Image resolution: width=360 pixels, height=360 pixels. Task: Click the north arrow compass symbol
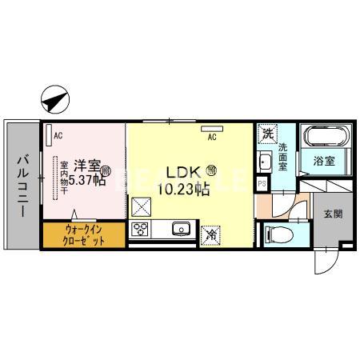coord(53,101)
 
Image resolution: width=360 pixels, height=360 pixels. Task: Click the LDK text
coord(182,171)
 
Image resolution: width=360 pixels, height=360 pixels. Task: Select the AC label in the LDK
coord(212,137)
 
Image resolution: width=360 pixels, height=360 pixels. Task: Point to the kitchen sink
coord(180,231)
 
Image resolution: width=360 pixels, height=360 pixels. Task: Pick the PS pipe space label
coord(262,183)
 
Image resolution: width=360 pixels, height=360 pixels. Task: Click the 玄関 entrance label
coord(333,214)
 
